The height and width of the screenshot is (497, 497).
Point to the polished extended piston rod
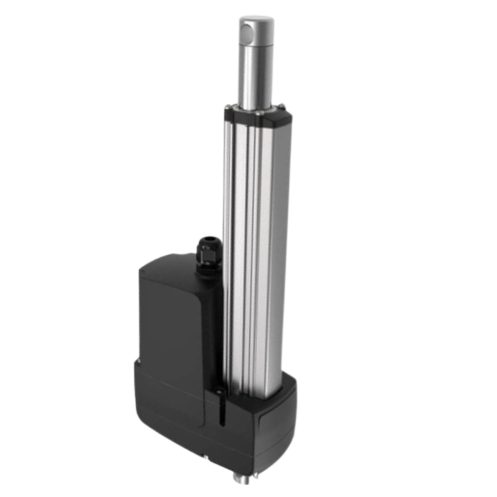[257, 75]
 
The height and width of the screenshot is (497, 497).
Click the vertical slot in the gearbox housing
[219, 407]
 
